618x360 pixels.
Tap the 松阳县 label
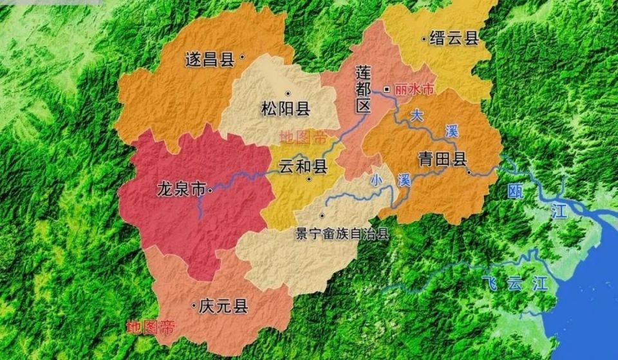[x=285, y=109]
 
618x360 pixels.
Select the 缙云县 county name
[x=454, y=39]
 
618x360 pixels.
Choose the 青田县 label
[x=442, y=160]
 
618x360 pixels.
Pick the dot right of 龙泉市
[x=210, y=190]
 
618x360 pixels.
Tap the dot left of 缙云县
[x=423, y=39]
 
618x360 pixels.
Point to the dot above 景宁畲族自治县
[x=322, y=216]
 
